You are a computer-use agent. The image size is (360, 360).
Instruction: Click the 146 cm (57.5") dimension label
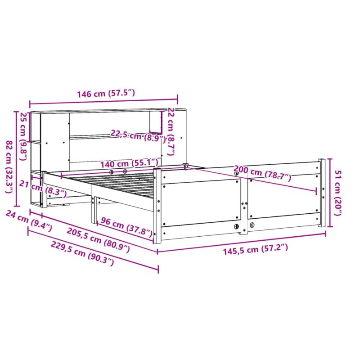point(106,94)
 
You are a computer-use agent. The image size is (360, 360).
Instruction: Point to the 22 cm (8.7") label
point(171,131)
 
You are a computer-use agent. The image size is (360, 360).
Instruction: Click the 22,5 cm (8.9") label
point(138,136)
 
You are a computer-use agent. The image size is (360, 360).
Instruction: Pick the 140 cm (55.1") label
point(129,163)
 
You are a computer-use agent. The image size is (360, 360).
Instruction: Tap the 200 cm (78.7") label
point(262,173)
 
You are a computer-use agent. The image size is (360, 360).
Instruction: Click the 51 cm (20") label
point(338,193)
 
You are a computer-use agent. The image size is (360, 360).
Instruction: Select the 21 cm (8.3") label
point(43,189)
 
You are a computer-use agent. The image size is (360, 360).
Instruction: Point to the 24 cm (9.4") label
point(28,220)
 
